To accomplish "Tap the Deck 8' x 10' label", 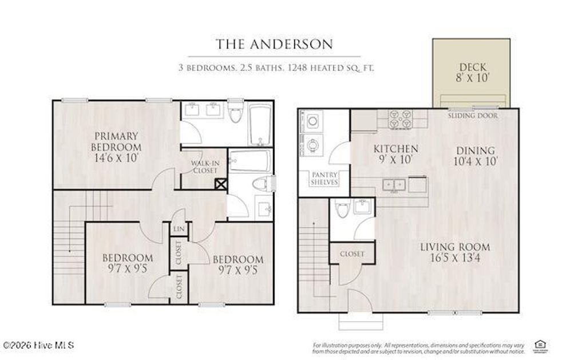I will point(472,73).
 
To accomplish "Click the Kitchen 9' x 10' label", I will point(395,154).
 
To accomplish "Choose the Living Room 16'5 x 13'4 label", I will point(455,252).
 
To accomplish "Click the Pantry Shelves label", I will point(324,178).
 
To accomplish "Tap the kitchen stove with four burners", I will point(401,118).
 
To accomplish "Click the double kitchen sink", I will point(394,185).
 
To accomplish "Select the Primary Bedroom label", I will point(116,147).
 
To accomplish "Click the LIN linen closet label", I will point(178,229).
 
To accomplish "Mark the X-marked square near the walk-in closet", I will point(220,184).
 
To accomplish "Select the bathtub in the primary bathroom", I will point(259,125).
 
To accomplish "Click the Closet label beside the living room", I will point(352,254).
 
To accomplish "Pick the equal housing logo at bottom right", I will point(539,344).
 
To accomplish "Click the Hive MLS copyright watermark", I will point(38,345).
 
